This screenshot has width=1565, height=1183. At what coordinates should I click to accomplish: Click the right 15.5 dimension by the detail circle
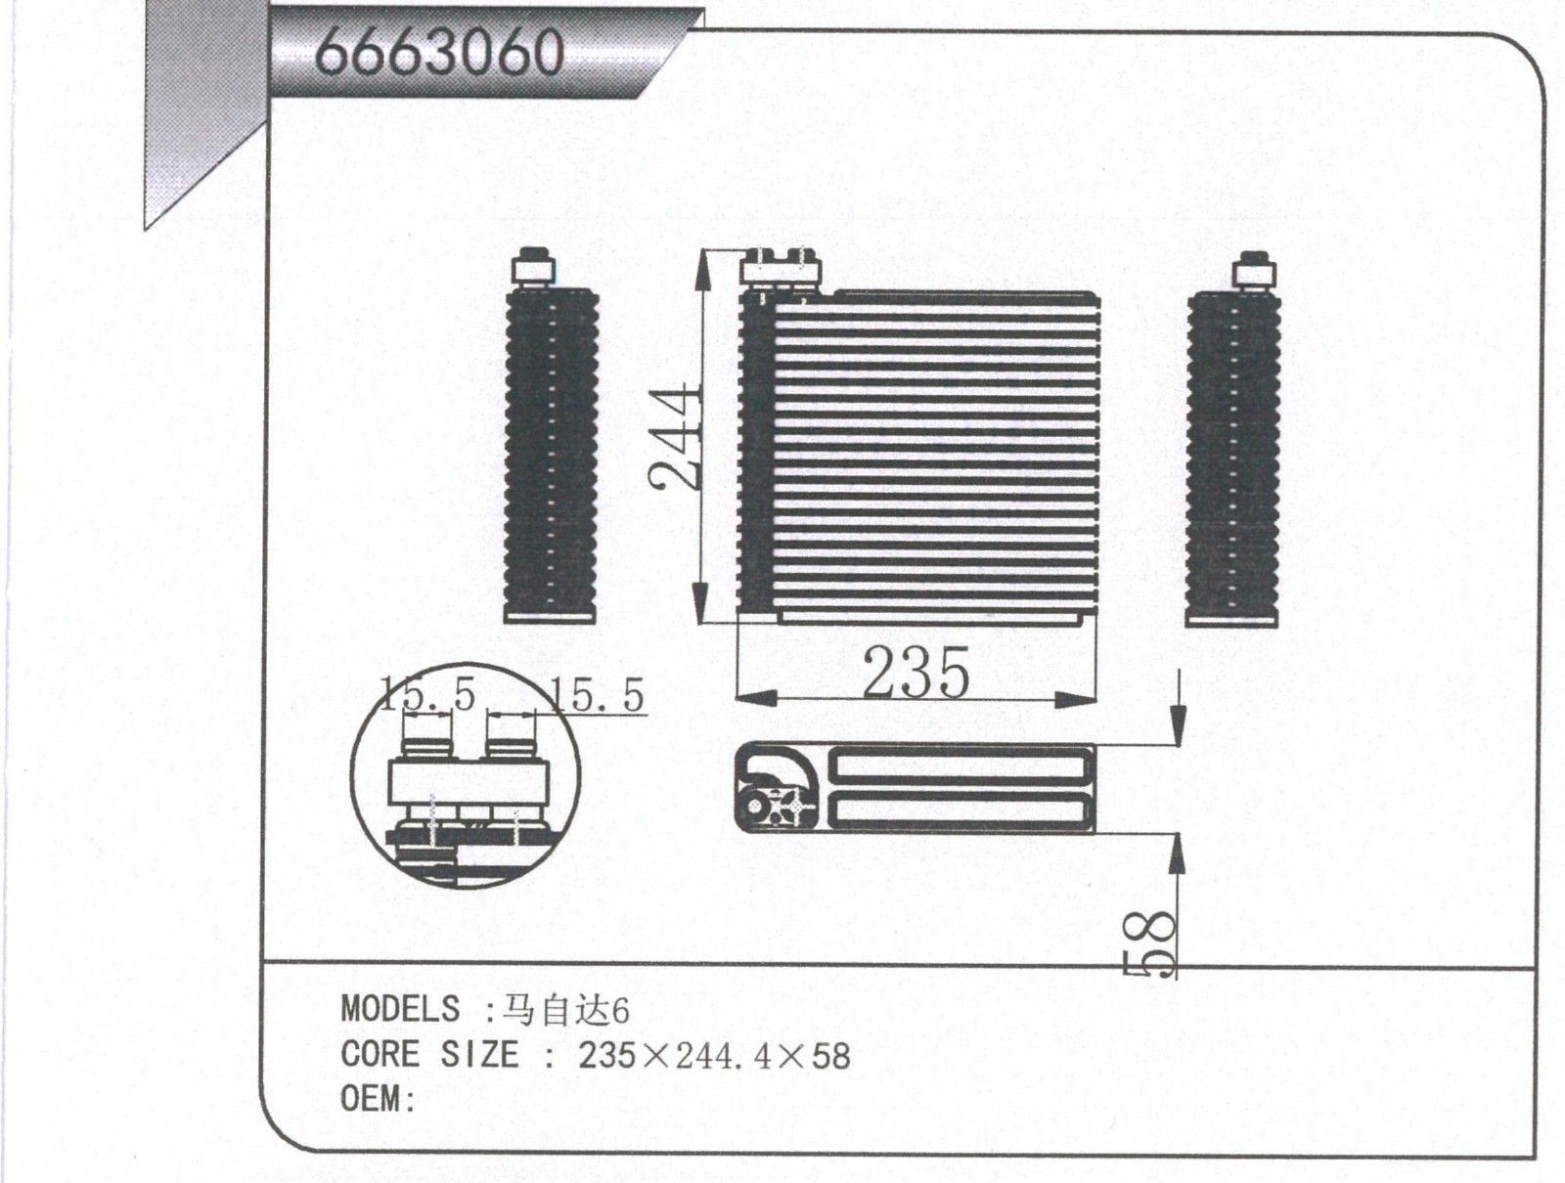[597, 695]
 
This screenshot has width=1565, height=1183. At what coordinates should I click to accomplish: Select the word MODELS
[400, 1008]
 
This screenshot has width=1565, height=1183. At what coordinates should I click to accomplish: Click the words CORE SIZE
[430, 1054]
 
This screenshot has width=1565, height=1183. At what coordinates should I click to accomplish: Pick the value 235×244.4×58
[714, 1056]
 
